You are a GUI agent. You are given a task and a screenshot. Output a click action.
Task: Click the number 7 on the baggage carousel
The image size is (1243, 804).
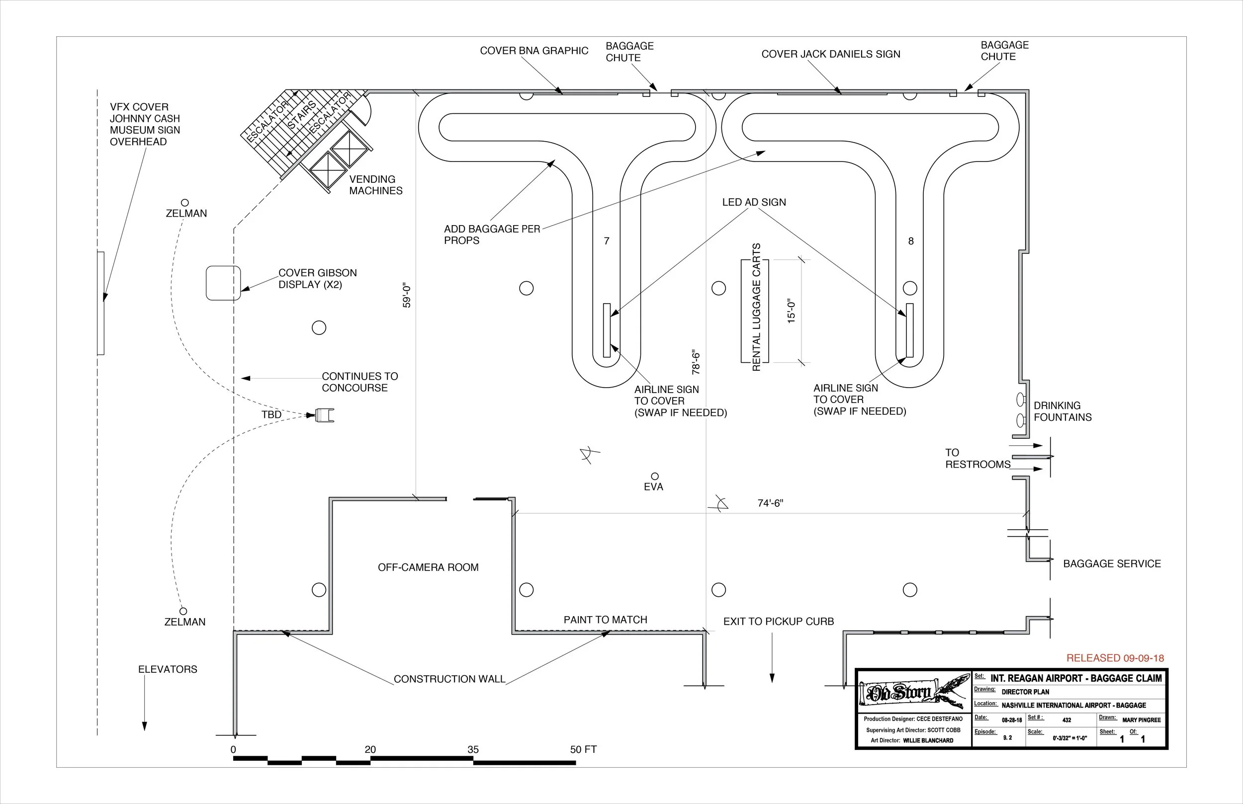point(607,241)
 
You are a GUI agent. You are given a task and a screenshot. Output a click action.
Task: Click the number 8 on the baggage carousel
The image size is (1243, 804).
point(911,241)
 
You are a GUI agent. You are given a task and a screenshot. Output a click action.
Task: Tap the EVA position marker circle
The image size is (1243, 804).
point(654,476)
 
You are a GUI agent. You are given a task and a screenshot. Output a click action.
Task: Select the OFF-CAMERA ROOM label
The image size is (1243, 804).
point(428,567)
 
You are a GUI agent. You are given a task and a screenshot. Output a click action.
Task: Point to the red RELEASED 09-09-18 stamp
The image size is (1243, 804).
point(1115,658)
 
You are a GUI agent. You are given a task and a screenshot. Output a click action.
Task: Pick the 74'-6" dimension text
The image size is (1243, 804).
point(770,503)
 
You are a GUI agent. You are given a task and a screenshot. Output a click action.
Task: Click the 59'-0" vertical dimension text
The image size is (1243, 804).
point(407,296)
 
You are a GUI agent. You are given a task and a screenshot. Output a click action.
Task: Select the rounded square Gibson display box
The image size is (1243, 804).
point(223,283)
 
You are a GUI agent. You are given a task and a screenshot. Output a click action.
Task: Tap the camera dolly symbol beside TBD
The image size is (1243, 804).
point(324,415)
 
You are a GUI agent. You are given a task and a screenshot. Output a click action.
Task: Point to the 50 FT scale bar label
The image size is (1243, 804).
point(583,750)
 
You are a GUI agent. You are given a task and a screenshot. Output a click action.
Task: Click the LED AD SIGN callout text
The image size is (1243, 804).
point(754,203)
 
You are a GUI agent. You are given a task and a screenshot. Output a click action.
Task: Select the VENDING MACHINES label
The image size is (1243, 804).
point(375,185)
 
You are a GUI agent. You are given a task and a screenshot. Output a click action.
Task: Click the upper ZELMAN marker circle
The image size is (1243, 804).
point(184,203)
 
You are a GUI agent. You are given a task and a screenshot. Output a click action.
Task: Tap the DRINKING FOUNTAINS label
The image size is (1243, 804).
point(1063,411)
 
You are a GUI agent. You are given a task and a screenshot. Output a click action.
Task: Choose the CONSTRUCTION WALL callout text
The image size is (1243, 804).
point(449,679)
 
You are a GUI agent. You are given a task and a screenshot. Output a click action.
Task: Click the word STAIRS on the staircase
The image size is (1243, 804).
point(302,114)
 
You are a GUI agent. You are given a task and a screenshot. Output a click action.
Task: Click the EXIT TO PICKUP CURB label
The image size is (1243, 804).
point(778,622)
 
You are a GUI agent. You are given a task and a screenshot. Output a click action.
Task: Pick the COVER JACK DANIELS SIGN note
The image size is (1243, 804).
point(830,54)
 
